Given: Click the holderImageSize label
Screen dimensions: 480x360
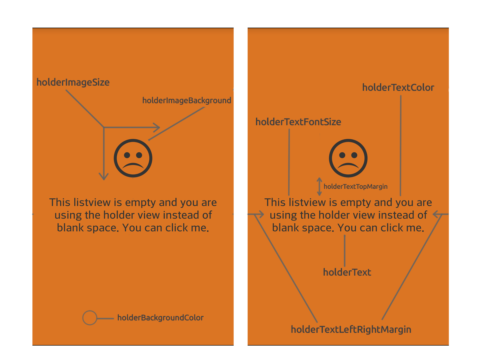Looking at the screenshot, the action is click(73, 82).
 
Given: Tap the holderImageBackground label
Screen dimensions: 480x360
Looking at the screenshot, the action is click(186, 100).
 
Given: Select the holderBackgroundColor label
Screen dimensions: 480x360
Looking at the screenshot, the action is click(160, 318).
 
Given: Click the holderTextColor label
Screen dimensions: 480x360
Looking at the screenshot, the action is click(398, 88).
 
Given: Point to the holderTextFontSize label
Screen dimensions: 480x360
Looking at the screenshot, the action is click(298, 122).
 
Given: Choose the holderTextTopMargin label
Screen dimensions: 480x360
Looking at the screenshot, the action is click(355, 186).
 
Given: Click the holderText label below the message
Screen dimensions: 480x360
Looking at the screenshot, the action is click(347, 272).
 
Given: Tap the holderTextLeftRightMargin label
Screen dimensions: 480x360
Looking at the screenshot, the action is click(351, 330).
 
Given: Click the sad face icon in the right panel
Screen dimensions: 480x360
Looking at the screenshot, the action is click(348, 158).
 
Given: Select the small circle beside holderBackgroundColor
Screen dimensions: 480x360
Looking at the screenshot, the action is click(90, 318).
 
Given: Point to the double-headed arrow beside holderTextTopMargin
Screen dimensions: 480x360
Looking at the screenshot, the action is click(319, 186).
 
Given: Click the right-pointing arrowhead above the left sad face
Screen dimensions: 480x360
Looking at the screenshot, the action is click(156, 128).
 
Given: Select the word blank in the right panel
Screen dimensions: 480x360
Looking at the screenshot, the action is click(286, 228).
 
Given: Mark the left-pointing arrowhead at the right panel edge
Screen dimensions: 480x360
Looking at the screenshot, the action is click(438, 214).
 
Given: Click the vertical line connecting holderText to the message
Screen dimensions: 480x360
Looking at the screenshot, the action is click(344, 250).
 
